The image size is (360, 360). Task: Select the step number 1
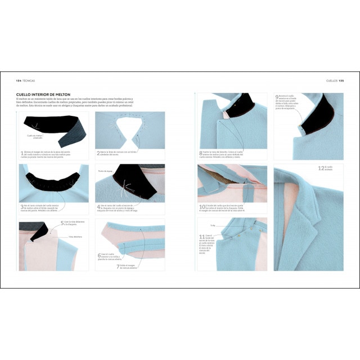[21, 153]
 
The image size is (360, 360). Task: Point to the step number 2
[98, 152]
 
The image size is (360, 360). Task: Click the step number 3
[21, 207]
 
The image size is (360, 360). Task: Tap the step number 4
[98, 207]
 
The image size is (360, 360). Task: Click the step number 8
[200, 153]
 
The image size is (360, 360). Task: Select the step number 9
[277, 97]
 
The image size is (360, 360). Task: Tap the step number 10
[201, 206]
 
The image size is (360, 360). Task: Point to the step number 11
[201, 236]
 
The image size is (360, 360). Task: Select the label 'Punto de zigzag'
[105, 170]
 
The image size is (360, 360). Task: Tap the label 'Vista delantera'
[76, 237]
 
